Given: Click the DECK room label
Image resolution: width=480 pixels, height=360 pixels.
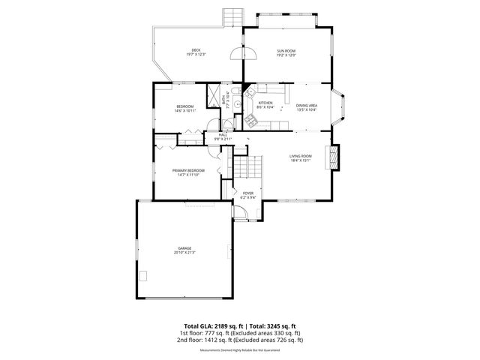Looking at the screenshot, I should pos(196,50).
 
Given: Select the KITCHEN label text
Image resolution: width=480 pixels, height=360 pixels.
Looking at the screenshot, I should pos(265,103).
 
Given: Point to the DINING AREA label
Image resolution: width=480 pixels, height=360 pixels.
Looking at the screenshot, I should pos(306,106).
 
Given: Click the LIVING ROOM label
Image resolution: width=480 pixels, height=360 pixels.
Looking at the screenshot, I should pos(301,156).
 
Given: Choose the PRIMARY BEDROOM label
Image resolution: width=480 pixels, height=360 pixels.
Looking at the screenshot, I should pos(188,170).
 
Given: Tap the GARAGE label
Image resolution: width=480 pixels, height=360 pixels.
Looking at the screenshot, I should pos(184,248).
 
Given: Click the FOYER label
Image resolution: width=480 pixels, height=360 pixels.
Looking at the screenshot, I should pos(247,193).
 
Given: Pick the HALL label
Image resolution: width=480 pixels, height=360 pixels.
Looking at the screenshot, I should pos(223,135).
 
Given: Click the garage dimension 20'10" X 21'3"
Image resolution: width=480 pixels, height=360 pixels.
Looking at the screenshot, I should pos(184,253).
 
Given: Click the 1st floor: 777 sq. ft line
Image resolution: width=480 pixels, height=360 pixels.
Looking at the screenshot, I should pos(239,333).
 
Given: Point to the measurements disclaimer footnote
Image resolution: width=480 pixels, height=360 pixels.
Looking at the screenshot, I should pos(239,350).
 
